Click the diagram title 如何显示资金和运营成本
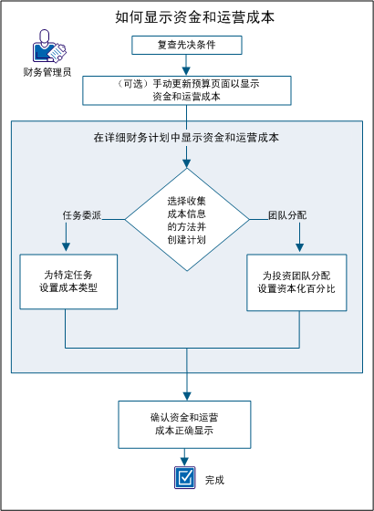(x=187, y=17)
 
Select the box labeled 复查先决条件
(x=187, y=45)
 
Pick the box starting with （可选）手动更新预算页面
(x=187, y=90)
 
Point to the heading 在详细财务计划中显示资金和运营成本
(x=187, y=138)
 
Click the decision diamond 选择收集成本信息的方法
(x=187, y=219)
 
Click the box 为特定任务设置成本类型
(x=66, y=281)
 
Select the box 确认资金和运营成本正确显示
(x=187, y=422)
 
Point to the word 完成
(x=214, y=478)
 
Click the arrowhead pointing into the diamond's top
(x=187, y=163)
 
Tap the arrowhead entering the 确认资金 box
(x=187, y=394)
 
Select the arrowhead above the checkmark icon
(x=187, y=461)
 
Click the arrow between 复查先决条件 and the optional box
(x=187, y=65)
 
